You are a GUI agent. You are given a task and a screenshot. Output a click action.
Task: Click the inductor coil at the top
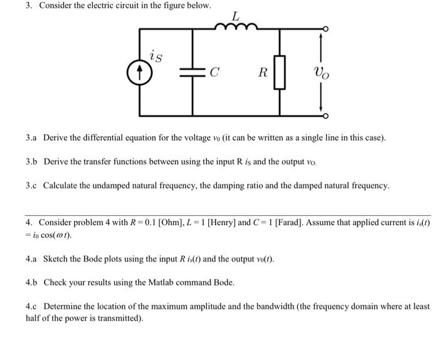[235, 26]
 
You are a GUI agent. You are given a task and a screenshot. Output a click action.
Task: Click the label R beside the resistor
[263, 73]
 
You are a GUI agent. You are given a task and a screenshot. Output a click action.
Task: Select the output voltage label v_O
[320, 73]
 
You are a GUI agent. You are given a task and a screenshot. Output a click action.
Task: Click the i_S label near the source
[156, 58]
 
